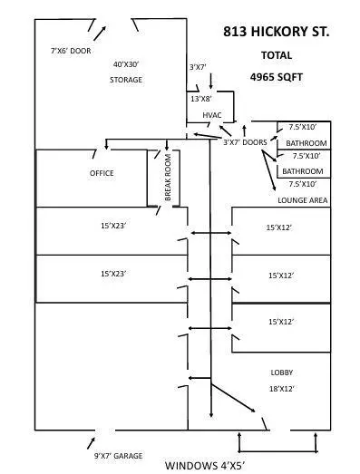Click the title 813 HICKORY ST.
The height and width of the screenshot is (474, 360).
click(x=277, y=32)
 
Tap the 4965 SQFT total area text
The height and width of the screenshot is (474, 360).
click(x=276, y=78)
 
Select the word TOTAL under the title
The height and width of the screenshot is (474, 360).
click(x=276, y=55)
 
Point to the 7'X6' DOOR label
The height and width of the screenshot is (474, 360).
click(x=71, y=53)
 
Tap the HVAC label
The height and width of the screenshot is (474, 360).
click(x=212, y=114)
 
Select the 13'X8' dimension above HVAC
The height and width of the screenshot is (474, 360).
click(x=201, y=98)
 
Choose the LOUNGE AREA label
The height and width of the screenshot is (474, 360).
click(x=303, y=199)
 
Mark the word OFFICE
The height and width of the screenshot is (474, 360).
click(x=102, y=173)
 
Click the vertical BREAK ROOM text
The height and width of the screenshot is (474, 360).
click(x=168, y=178)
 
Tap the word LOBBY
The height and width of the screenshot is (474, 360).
click(x=282, y=372)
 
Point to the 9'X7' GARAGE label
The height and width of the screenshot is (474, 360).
click(x=119, y=454)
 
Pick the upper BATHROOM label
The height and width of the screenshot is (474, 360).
click(x=306, y=144)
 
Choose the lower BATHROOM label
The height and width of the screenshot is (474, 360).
click(x=302, y=171)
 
